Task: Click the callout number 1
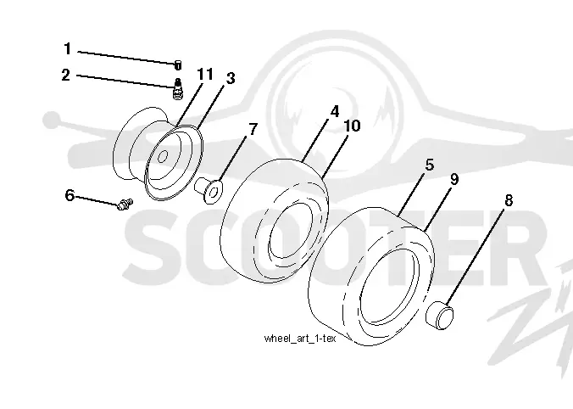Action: click(67, 48)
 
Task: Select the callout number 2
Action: click(65, 75)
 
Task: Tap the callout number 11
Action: click(205, 75)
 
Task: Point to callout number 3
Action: click(231, 78)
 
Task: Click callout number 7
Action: click(253, 129)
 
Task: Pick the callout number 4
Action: click(335, 111)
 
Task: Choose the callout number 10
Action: click(353, 126)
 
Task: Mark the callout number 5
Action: click(430, 165)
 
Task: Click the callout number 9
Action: click(453, 179)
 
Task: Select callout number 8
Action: click(509, 200)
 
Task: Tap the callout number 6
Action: click(70, 195)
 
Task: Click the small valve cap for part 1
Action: click(178, 65)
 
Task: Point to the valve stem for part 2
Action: click(178, 88)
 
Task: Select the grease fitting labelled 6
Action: click(125, 204)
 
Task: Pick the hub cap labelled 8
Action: click(440, 315)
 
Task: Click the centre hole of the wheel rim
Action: click(163, 157)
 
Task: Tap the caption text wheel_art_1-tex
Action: click(300, 339)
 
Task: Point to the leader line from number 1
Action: click(126, 58)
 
